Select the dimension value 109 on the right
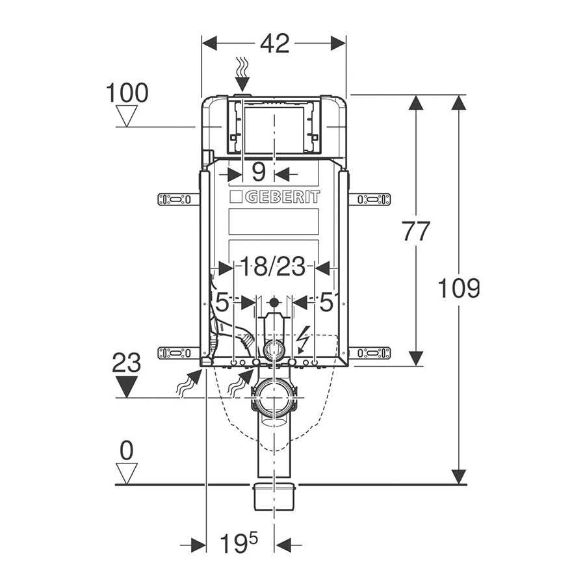click(459, 287)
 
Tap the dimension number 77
click(416, 231)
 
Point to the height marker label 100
click(127, 94)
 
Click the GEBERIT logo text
click(274, 197)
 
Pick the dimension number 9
click(259, 173)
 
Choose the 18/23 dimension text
click(273, 266)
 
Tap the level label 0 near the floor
click(127, 449)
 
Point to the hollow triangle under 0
click(127, 473)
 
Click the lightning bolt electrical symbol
click(302, 339)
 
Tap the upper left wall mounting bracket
click(177, 199)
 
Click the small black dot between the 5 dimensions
click(274, 302)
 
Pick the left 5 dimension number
click(222, 302)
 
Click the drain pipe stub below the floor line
click(274, 497)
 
